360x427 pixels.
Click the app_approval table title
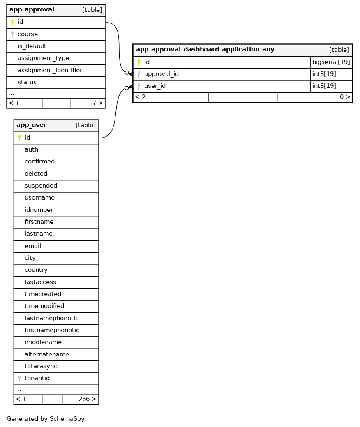click(32, 10)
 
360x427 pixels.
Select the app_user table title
click(31, 125)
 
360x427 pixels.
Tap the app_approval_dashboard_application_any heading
click(205, 50)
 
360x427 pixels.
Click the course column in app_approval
click(28, 34)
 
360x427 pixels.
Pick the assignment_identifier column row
click(50, 70)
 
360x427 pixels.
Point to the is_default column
click(32, 46)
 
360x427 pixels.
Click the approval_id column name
click(161, 74)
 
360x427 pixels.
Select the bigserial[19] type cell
click(331, 62)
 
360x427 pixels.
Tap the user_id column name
click(155, 86)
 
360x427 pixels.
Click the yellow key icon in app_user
click(19, 138)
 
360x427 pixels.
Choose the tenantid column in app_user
click(37, 378)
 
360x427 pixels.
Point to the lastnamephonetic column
click(51, 318)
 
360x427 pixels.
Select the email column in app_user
click(33, 246)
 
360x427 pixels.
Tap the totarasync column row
click(41, 366)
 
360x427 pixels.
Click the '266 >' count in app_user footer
click(87, 399)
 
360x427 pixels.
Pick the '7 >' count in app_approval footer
click(97, 103)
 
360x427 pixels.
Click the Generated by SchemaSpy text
click(45, 419)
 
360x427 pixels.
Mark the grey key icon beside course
click(12, 34)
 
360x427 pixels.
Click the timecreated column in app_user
click(43, 294)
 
